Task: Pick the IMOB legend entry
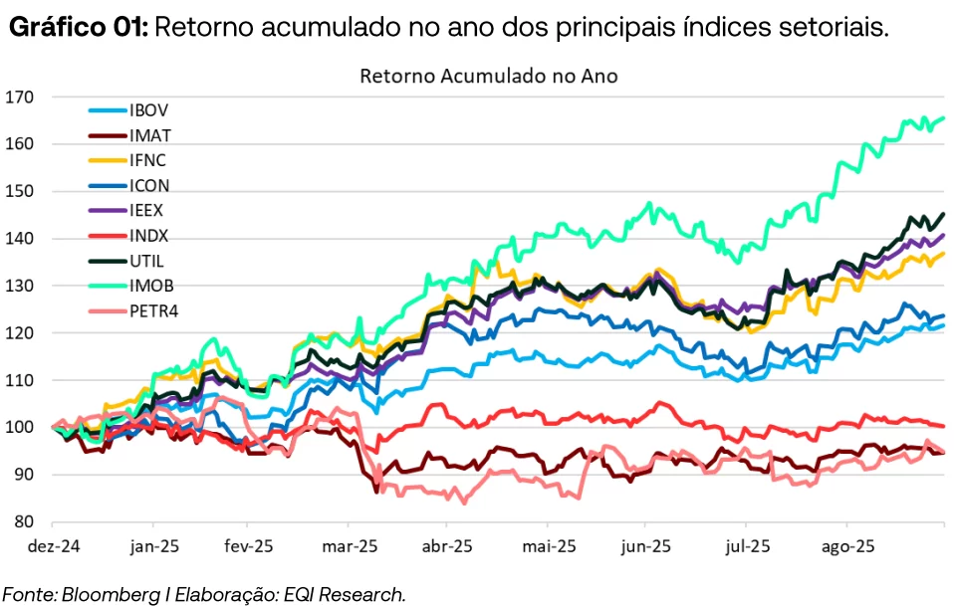pyautogui.click(x=150, y=286)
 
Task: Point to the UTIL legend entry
pyautogui.click(x=145, y=261)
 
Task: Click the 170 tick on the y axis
pyautogui.click(x=19, y=97)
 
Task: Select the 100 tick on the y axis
pyautogui.click(x=19, y=428)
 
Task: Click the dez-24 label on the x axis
pyautogui.click(x=54, y=546)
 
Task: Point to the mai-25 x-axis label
pyautogui.click(x=549, y=546)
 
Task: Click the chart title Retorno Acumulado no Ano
pyautogui.click(x=489, y=77)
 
